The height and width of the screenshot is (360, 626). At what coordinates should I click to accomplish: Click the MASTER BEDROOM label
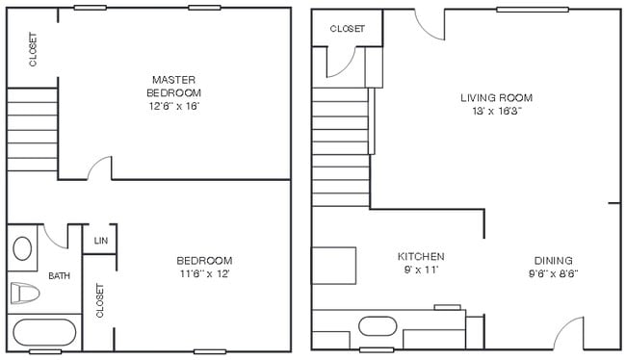coord(174,85)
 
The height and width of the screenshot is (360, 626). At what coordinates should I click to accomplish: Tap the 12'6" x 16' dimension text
coord(174,106)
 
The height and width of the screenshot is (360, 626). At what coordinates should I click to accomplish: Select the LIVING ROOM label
coord(496,97)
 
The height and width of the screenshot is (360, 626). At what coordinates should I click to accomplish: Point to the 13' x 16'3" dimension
coord(496,112)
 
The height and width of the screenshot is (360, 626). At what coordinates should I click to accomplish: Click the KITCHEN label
coord(421,257)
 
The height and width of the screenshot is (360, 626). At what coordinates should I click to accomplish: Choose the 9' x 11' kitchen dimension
coord(421,271)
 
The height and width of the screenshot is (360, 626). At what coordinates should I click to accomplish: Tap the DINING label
coord(553,260)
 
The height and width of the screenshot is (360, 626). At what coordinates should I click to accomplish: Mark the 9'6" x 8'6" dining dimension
coord(553,273)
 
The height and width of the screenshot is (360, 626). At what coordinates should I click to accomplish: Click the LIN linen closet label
coord(100,241)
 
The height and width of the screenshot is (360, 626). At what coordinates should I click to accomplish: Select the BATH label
coord(60,276)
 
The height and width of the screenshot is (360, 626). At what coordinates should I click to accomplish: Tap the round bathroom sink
coord(23,247)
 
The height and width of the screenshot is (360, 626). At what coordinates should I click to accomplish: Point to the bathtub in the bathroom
coord(42,334)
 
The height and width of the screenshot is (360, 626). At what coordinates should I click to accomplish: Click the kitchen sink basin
coord(378,325)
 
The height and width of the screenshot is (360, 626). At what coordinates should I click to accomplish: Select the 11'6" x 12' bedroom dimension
coord(204,274)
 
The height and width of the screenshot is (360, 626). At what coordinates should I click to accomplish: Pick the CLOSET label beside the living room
coord(347,29)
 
